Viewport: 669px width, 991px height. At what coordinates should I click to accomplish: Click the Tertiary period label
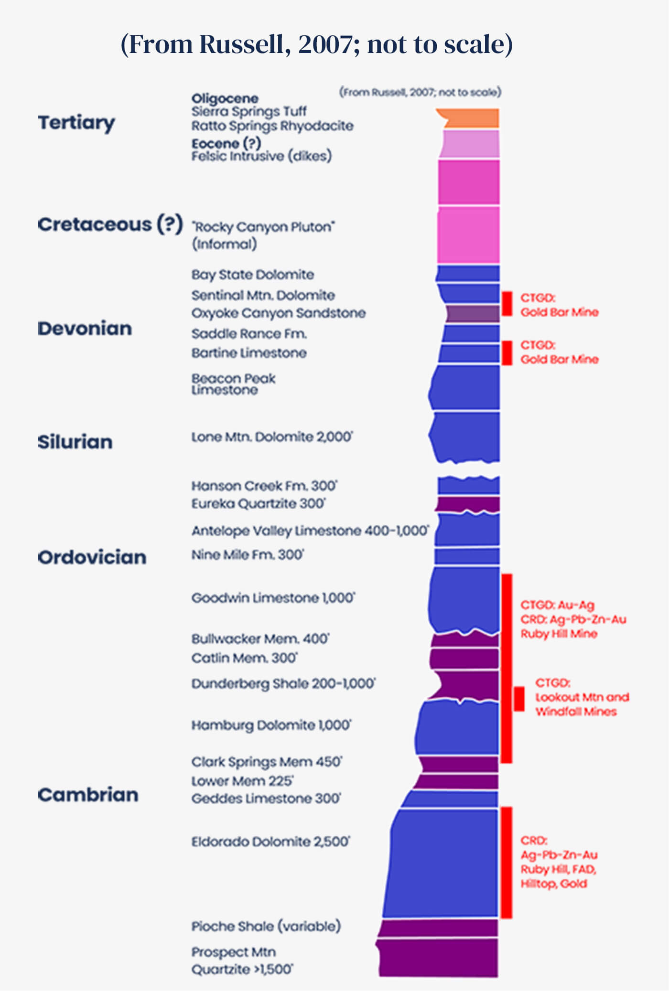tap(76, 123)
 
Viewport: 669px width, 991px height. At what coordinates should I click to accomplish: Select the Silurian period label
tap(75, 442)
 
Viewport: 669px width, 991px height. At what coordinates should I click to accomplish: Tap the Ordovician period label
tap(92, 557)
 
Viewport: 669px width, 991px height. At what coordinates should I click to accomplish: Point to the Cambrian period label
tap(88, 795)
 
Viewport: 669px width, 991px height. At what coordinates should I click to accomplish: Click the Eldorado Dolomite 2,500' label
tap(270, 842)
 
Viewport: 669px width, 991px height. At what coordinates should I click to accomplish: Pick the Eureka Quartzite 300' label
tap(259, 503)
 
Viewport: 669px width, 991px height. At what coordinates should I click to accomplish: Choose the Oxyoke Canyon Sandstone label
tap(279, 313)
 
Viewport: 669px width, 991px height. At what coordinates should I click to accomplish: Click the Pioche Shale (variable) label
tap(266, 926)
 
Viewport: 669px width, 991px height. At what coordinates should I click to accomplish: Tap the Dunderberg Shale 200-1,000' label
tap(283, 683)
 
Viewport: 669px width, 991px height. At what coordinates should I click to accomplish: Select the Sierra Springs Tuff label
tap(249, 111)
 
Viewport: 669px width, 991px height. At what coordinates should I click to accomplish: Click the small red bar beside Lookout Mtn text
tap(519, 699)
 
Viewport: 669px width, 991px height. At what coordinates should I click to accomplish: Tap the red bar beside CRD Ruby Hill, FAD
tap(507, 863)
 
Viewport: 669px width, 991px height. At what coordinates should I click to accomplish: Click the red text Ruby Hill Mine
tap(559, 634)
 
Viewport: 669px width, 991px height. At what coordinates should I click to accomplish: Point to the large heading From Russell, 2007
tap(316, 44)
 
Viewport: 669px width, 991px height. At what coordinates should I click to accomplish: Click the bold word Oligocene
tap(225, 98)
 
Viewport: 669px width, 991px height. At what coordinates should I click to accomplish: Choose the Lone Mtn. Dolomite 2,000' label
tap(272, 437)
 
